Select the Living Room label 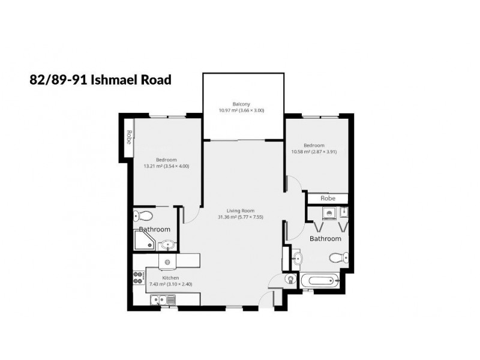241,210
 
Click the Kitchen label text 170,278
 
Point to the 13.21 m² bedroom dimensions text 166,166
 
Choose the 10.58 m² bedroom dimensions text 313,152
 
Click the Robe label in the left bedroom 129,137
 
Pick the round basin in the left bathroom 169,244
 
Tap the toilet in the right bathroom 339,257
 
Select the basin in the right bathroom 299,257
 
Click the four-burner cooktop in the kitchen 138,277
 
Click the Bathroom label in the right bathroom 325,239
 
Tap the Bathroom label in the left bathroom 154,229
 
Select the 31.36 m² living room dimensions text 241,217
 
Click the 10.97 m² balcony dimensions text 241,110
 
